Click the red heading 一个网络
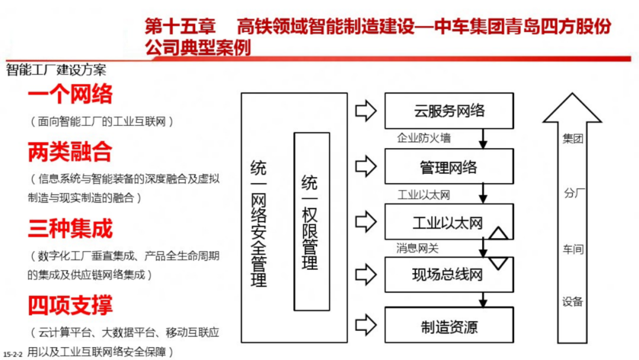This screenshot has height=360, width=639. (70, 94)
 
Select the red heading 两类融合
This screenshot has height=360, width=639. (70, 152)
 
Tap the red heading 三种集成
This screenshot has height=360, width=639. (70, 229)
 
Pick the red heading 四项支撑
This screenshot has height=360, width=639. (70, 306)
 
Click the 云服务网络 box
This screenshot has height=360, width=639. (449, 111)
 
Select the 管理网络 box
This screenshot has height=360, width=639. (449, 167)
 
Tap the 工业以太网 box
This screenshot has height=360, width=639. (448, 223)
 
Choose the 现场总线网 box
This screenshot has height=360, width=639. (448, 274)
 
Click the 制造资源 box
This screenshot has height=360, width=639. (449, 326)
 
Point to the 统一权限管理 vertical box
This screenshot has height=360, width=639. (311, 221)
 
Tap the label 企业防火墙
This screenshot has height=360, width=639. (424, 138)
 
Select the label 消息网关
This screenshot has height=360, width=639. (418, 248)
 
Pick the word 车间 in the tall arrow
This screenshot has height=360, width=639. (572, 249)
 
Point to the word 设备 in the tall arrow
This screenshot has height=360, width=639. (572, 301)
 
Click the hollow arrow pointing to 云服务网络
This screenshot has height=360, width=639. (366, 110)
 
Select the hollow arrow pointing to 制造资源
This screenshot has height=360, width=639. (366, 324)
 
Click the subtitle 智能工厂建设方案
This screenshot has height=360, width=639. (56, 70)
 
